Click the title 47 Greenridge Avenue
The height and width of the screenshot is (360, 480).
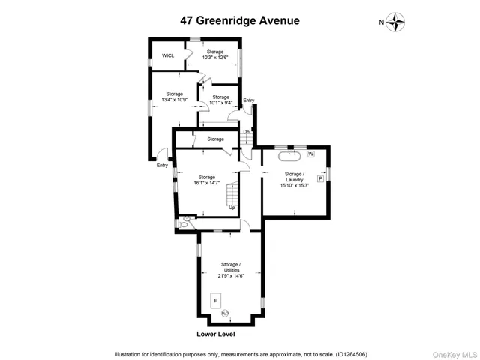[239, 20]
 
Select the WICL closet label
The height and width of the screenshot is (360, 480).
[168, 55]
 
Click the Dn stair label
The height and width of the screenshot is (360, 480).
[246, 132]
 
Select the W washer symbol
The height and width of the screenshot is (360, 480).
[310, 154]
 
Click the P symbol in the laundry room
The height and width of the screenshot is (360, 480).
[320, 179]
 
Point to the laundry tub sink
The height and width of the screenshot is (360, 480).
[289, 156]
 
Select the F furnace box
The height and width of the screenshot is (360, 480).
[215, 300]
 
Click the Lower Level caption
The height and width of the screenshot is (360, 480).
[217, 334]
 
